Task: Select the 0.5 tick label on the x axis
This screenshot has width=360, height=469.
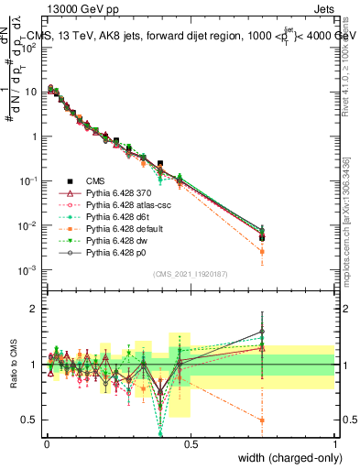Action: (191, 444)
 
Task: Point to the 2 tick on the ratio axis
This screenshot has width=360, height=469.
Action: (32, 309)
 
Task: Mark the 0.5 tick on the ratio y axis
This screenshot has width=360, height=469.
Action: (29, 420)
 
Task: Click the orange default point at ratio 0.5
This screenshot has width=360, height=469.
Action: (263, 420)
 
